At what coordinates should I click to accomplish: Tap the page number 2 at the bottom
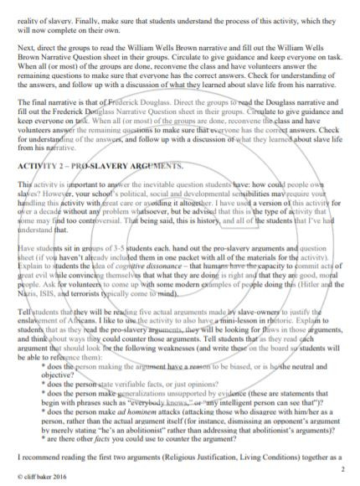pos(344,471)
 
